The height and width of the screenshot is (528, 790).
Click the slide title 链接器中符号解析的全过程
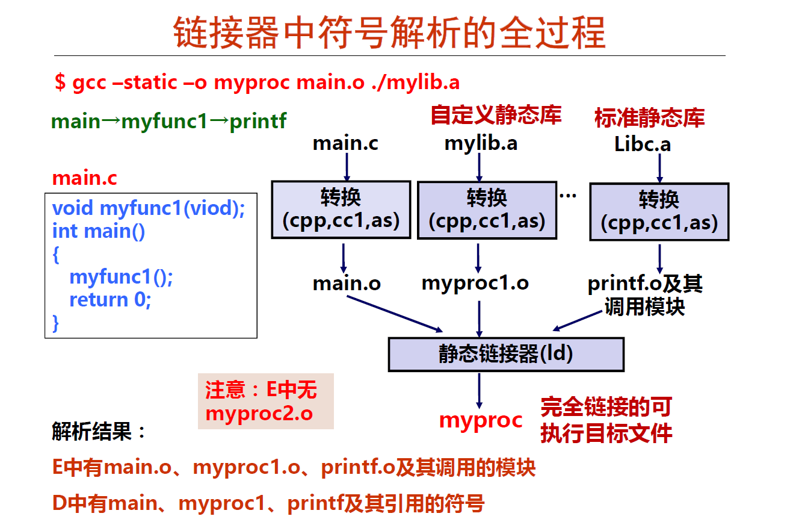pyautogui.click(x=389, y=33)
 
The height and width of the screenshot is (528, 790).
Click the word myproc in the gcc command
pyautogui.click(x=252, y=83)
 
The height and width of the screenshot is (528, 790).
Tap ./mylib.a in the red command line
pyautogui.click(x=416, y=82)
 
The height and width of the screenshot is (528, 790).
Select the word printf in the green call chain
pyautogui.click(x=258, y=122)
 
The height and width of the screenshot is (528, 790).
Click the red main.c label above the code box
pyautogui.click(x=85, y=178)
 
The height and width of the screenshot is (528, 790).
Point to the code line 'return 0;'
pyautogui.click(x=110, y=300)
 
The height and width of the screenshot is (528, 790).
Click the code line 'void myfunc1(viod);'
pyautogui.click(x=149, y=208)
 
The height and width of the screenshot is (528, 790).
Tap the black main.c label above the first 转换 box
pyautogui.click(x=345, y=143)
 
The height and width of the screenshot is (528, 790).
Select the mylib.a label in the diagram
pyautogui.click(x=481, y=144)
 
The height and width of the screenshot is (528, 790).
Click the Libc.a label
pyautogui.click(x=643, y=144)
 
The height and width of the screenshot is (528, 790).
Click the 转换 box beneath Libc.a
pyautogui.click(x=659, y=212)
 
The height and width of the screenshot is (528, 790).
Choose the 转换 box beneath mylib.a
pyautogui.click(x=487, y=210)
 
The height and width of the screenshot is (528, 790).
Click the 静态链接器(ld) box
pyautogui.click(x=506, y=355)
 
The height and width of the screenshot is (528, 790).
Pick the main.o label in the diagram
pyautogui.click(x=347, y=284)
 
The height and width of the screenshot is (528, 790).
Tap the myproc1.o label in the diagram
pyautogui.click(x=475, y=284)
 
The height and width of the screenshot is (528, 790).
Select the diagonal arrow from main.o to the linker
pyautogui.click(x=395, y=314)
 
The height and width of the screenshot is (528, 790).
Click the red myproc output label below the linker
pyautogui.click(x=481, y=421)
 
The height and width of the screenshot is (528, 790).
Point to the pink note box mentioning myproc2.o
pyautogui.click(x=265, y=402)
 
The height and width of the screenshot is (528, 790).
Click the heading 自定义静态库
pyautogui.click(x=496, y=115)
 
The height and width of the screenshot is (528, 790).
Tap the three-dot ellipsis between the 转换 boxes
pyautogui.click(x=568, y=196)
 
